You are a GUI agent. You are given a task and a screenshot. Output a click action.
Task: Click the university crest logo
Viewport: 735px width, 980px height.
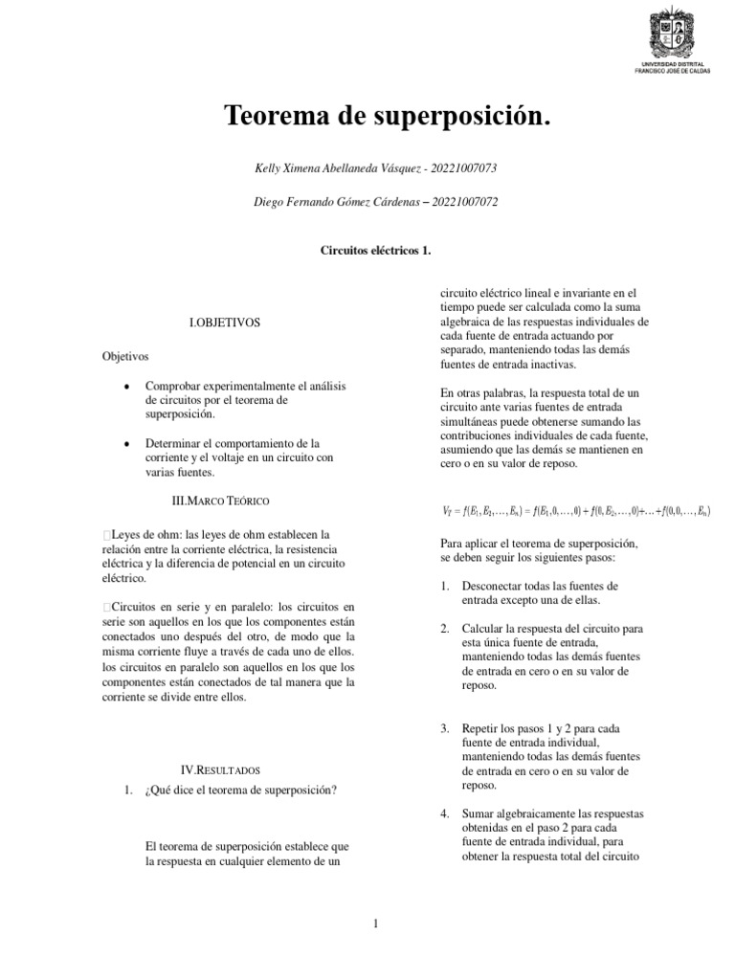675,33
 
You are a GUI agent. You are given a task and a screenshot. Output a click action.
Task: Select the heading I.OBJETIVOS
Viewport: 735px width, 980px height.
225,323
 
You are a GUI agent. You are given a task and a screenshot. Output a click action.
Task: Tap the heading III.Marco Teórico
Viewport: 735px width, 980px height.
219,501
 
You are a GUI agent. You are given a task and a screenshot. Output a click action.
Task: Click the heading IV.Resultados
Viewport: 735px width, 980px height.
220,769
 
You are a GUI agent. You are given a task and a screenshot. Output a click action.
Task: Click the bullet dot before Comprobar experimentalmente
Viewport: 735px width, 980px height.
127,386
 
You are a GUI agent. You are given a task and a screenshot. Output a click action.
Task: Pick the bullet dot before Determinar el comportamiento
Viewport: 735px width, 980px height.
127,444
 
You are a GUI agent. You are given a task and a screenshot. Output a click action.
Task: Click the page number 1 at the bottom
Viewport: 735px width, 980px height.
376,923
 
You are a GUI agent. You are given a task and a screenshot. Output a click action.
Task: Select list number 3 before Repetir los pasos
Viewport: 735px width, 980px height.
445,728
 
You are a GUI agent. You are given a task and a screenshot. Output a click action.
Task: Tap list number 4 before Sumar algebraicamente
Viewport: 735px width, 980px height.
445,813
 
